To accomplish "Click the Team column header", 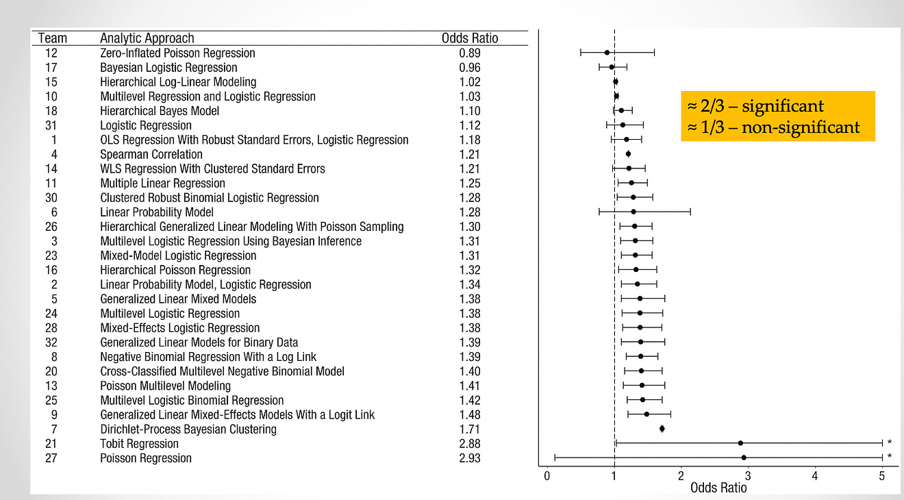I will click(51, 38).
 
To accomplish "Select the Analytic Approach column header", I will click(147, 38).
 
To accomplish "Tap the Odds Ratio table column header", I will click(470, 38).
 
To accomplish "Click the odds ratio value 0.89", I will click(470, 53).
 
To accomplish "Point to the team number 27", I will click(51, 458).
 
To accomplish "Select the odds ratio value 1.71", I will click(470, 429).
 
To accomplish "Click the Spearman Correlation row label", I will click(151, 155).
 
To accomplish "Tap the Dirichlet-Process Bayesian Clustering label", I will click(188, 429).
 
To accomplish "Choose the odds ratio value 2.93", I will click(470, 458).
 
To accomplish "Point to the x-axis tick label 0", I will click(547, 475).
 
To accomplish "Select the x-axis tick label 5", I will click(882, 475).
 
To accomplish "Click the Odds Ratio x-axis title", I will click(718, 488).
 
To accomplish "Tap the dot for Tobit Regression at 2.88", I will click(740, 443).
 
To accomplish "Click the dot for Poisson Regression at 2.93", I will click(744, 458).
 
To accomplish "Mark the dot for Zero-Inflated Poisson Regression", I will click(607, 52).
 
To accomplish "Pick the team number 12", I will click(51, 53).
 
